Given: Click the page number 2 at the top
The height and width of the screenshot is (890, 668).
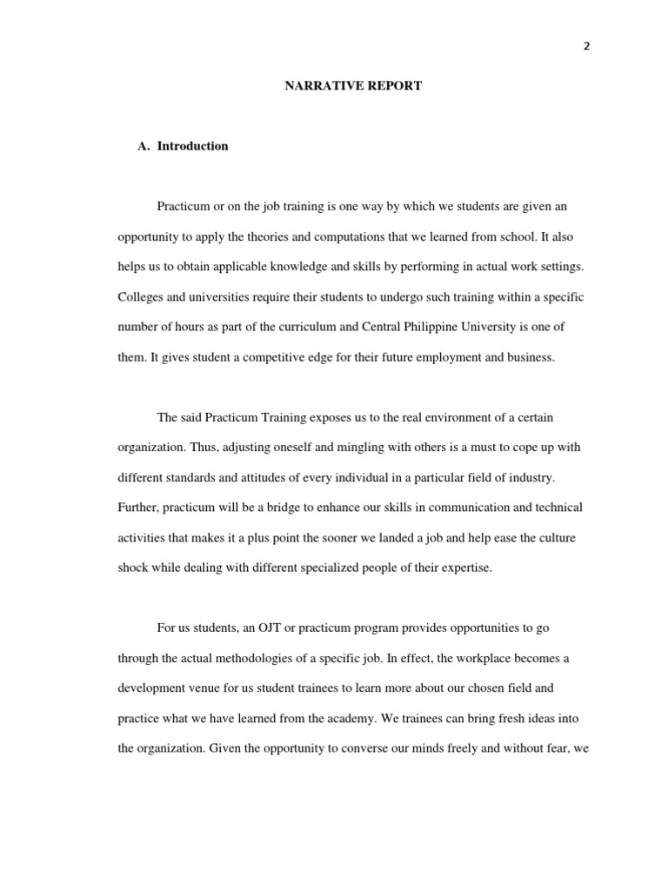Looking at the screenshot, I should pos(586,47).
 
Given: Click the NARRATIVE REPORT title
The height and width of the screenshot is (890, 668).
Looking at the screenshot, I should pos(353,87).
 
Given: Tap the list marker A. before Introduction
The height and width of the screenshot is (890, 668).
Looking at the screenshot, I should pos(144,146).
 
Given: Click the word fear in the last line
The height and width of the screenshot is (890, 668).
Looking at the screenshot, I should pos(553,749).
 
